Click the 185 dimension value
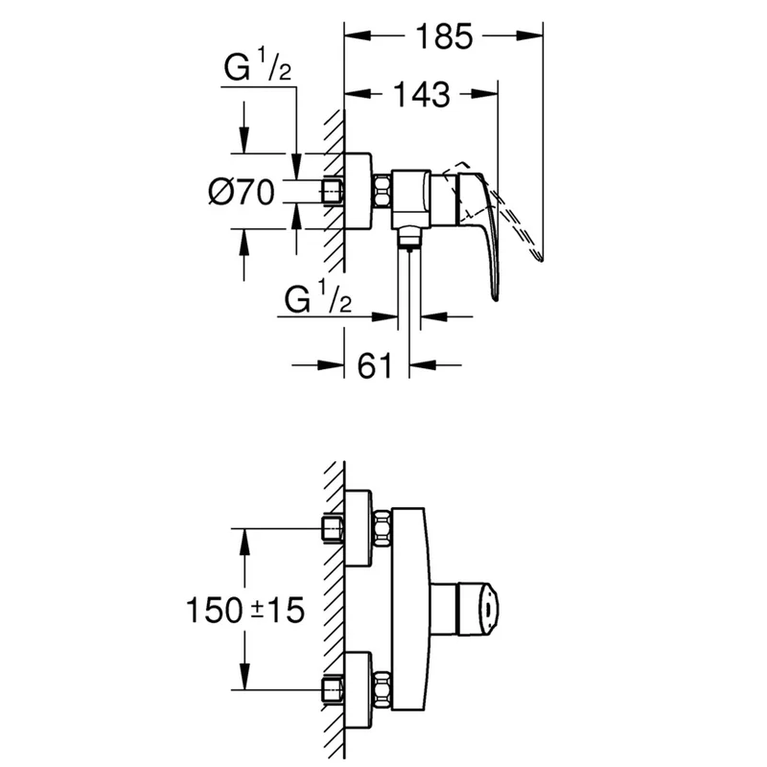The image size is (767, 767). (x=444, y=36)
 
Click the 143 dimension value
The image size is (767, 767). (x=421, y=95)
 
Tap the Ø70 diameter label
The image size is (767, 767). (x=242, y=192)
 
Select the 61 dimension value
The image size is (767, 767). (x=375, y=365)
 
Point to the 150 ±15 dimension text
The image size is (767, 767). (x=245, y=610)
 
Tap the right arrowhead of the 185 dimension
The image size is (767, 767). (x=530, y=35)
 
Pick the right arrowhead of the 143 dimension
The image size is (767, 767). (x=485, y=93)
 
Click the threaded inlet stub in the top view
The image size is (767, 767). (x=333, y=191)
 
